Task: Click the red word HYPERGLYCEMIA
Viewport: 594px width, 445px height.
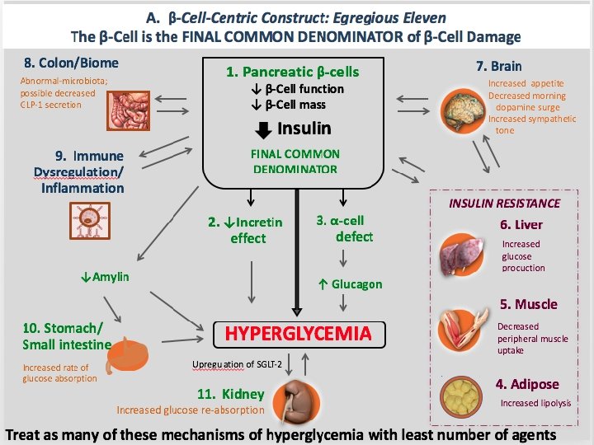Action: pos(298,334)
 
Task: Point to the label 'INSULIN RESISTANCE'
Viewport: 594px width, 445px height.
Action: pos(504,203)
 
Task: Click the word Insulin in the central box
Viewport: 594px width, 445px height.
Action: pos(304,128)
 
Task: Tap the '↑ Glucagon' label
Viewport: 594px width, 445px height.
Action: pos(350,284)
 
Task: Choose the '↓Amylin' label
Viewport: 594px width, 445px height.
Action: pos(105,277)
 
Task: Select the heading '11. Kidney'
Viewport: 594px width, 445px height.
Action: pos(230,395)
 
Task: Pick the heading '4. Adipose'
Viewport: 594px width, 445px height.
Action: pos(526,384)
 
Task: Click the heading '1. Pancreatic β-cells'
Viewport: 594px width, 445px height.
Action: pos(292,72)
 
